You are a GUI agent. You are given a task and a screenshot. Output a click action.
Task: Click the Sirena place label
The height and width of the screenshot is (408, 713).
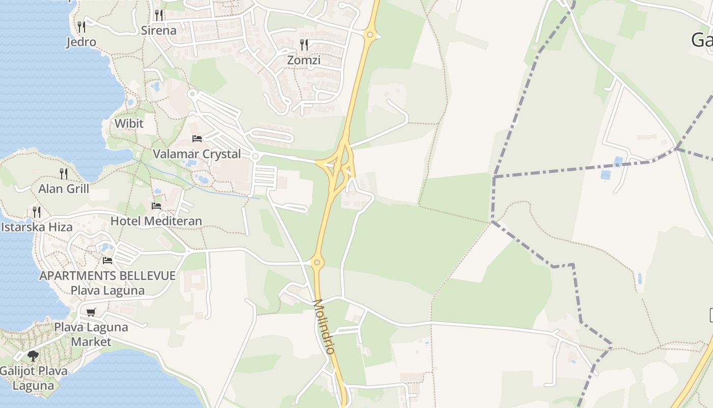point(158,30)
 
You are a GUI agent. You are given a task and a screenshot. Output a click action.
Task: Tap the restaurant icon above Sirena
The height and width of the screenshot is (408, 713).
point(159,15)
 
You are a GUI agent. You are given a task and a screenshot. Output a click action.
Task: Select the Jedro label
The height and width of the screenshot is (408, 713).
point(81,42)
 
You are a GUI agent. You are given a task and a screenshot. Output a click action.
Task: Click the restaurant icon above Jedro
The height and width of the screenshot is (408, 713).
point(81,27)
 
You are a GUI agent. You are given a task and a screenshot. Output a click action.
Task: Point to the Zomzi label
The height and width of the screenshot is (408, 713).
point(304,60)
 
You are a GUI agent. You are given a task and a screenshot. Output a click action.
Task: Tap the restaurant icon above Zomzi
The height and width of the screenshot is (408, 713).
point(304,45)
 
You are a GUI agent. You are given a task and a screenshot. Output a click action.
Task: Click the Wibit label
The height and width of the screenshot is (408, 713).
point(129,123)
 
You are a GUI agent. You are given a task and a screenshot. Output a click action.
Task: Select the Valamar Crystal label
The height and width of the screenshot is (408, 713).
point(197,154)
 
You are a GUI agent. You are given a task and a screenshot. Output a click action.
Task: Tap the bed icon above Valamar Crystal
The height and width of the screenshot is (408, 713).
point(197,138)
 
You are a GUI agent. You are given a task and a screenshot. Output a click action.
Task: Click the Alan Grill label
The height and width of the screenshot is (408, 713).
point(64,189)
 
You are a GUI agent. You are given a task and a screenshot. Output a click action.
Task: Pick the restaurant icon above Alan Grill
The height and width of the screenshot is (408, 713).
point(64,173)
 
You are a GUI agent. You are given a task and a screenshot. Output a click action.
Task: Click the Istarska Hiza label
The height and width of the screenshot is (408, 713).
point(37,227)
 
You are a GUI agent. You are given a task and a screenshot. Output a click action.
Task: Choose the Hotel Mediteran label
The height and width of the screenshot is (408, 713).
point(156,221)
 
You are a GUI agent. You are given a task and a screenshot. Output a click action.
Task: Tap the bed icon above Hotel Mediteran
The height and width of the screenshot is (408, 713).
point(156,206)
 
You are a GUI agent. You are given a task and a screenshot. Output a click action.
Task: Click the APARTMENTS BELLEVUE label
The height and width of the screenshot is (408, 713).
point(107,276)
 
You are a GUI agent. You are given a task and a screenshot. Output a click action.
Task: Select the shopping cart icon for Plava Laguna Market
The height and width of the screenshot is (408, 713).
point(91,312)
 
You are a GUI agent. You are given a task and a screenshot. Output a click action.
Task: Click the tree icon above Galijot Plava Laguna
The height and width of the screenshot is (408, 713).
point(33,355)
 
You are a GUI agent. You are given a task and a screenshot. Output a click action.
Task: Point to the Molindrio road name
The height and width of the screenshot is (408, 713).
point(324,326)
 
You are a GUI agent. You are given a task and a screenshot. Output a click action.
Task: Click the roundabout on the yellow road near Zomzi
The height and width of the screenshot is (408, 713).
point(370,35)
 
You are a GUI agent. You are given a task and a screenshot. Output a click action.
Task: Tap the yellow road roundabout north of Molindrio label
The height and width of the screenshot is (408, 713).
point(317,263)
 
